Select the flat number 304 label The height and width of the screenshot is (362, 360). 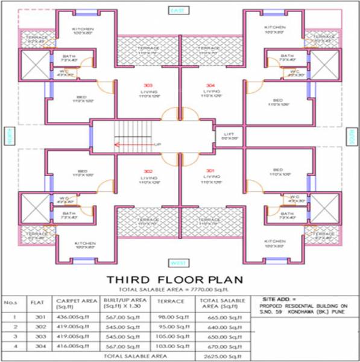210,85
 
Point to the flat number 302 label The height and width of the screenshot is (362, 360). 148,171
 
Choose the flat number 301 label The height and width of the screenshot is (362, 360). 210,171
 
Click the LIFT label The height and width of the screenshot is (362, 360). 229,133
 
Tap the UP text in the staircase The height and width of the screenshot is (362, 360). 158,144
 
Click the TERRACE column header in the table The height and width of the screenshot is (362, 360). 166,300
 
